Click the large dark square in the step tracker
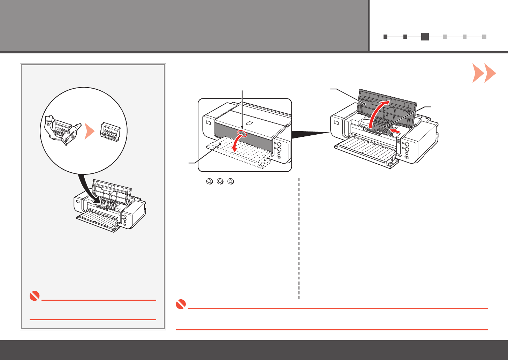pos(425,36)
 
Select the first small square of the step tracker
pos(385,36)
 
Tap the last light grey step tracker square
pos(484,36)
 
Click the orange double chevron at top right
pos(484,73)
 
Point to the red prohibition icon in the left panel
pos(34,297)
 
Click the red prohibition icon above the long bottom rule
pos(181,305)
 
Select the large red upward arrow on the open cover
pos(379,112)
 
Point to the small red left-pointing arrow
pos(395,131)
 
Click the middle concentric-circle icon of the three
pos(220,181)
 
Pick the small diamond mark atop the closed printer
pos(250,123)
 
